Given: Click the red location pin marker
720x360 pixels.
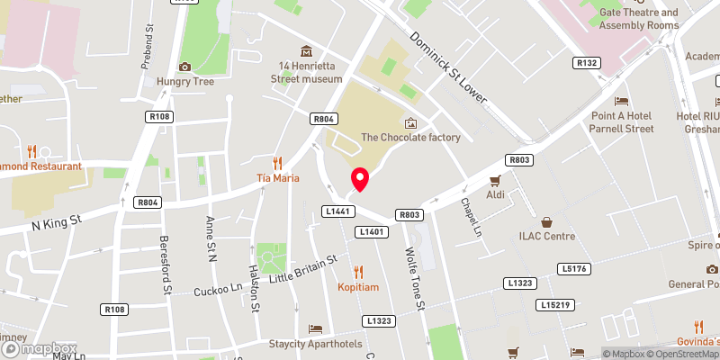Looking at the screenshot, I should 359,179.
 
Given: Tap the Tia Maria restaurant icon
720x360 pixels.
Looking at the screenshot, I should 278,163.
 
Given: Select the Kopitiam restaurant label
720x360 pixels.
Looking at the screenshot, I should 358,286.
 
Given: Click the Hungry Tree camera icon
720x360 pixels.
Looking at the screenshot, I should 184,66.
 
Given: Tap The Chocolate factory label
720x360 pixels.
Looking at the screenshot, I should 410,138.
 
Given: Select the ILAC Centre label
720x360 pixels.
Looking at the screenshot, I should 544,237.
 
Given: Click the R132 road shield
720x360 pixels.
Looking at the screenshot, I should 588,63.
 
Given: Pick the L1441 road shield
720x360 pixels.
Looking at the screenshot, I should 335,211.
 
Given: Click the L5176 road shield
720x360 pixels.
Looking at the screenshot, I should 572,268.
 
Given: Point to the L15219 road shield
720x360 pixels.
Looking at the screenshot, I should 557,305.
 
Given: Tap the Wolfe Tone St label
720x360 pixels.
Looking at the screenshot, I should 414,279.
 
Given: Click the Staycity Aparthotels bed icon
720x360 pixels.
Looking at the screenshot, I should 315,329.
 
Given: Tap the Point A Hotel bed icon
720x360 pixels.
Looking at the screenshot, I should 620,101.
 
